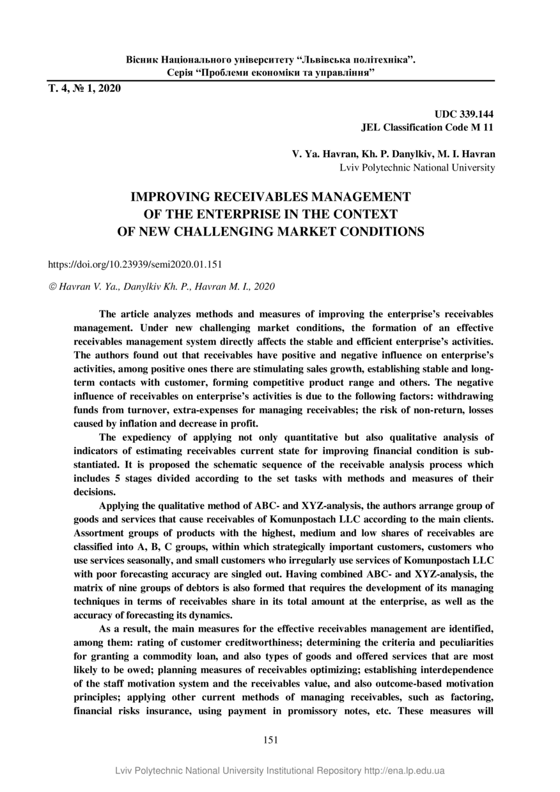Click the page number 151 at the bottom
270,740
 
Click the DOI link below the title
136,263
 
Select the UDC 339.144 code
465,114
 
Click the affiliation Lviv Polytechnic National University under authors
417,167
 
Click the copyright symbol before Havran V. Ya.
52,287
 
